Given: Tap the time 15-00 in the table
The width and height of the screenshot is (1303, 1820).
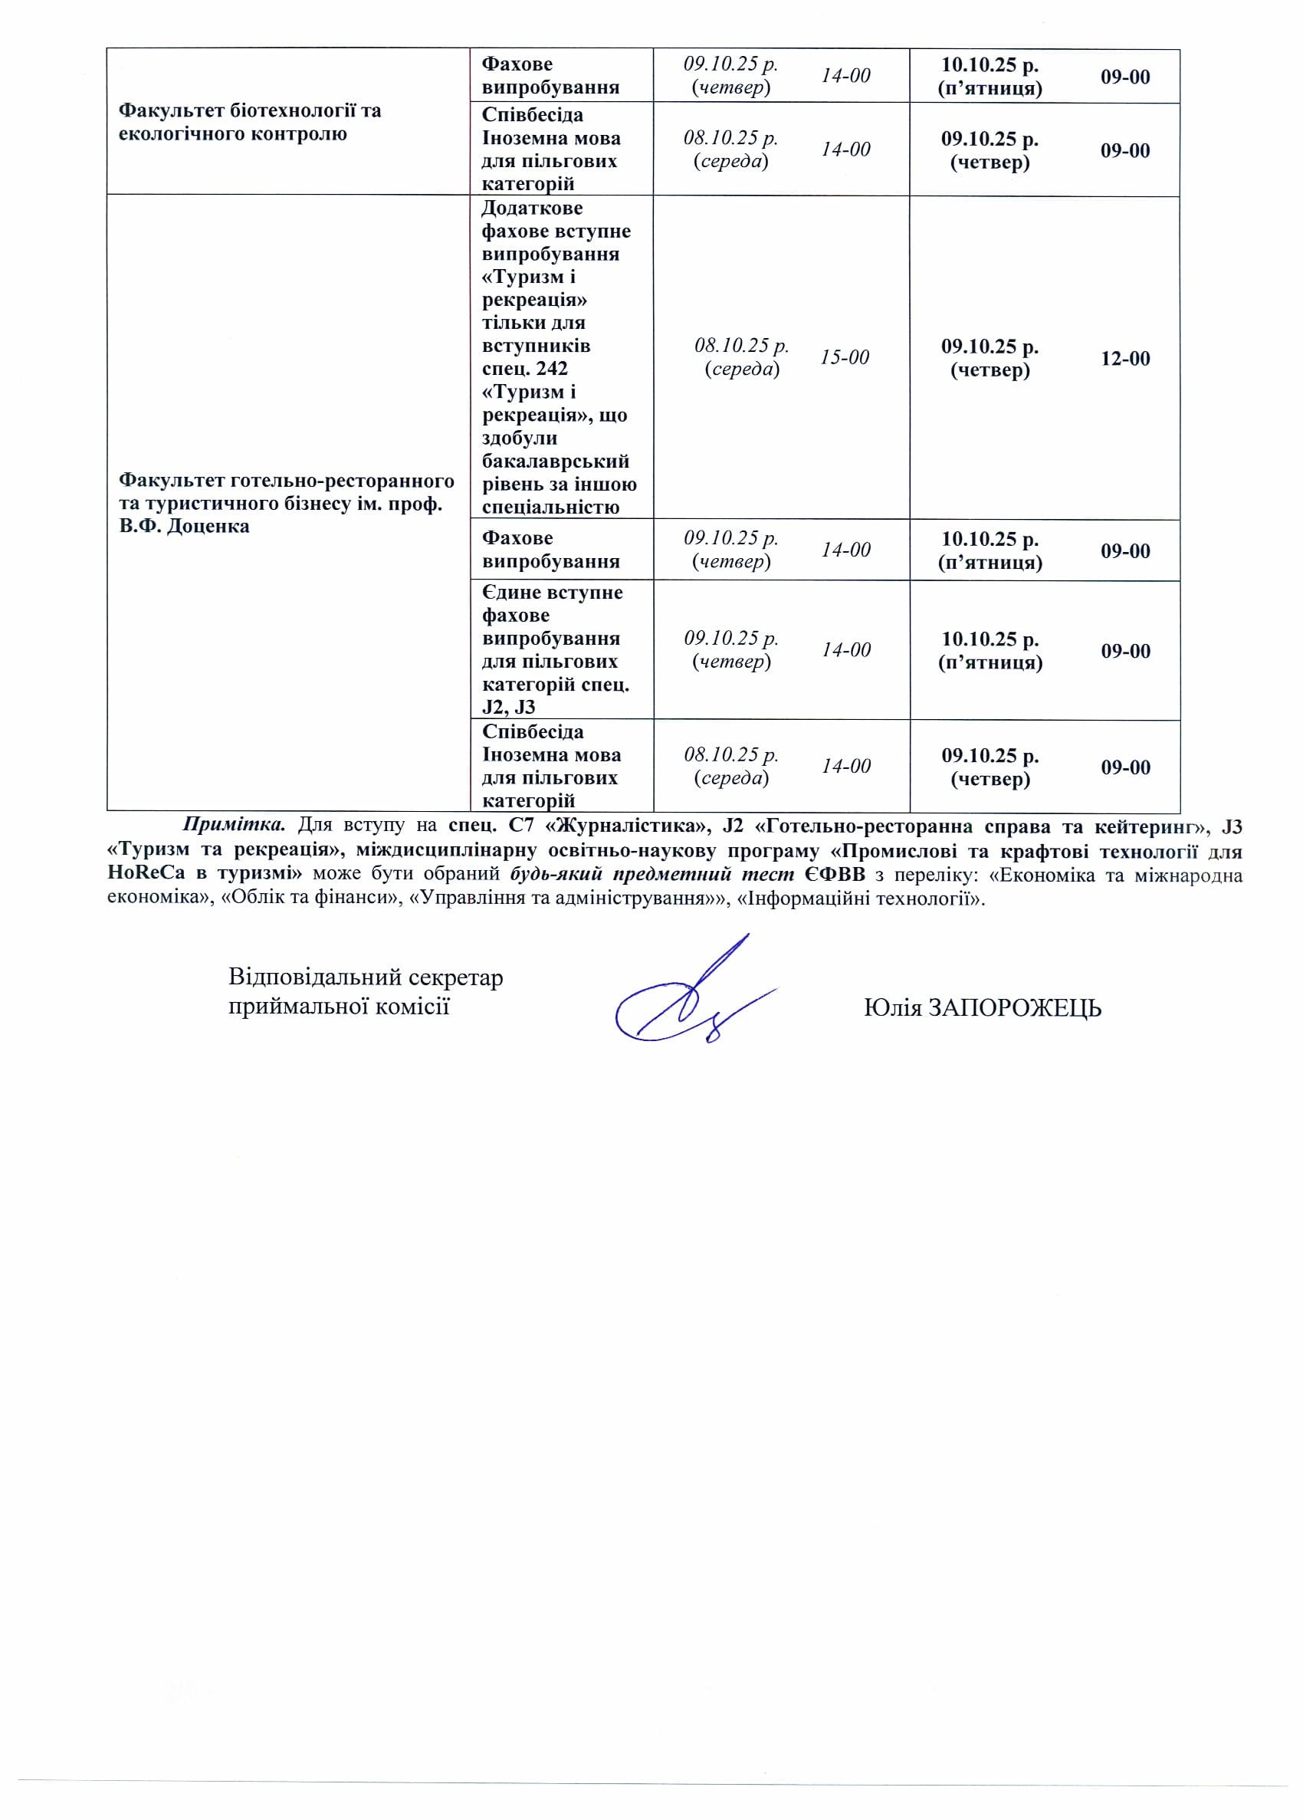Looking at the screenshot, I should (x=844, y=357).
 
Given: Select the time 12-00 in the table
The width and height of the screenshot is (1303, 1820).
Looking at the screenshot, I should (x=1125, y=358).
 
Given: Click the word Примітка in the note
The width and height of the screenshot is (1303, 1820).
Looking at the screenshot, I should (x=234, y=825).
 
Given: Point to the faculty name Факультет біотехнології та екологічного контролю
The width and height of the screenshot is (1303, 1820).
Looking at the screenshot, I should (x=250, y=122).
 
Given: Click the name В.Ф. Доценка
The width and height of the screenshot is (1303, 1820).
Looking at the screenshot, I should (x=184, y=527).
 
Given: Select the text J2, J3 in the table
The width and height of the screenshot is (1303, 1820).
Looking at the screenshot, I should (x=509, y=707).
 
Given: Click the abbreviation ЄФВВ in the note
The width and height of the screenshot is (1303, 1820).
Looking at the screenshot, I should (x=835, y=875).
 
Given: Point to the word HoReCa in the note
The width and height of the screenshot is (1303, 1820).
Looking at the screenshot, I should (x=146, y=875).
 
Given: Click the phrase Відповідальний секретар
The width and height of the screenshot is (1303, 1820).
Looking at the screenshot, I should (x=365, y=977).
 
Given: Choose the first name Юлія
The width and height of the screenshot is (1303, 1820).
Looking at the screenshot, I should (x=892, y=1008).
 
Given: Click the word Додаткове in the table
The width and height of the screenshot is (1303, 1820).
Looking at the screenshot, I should (x=532, y=208).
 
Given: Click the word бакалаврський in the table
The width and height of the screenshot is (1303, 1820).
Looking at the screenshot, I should (x=555, y=462).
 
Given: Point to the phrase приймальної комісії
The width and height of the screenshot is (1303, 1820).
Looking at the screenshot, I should (x=339, y=1006).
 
